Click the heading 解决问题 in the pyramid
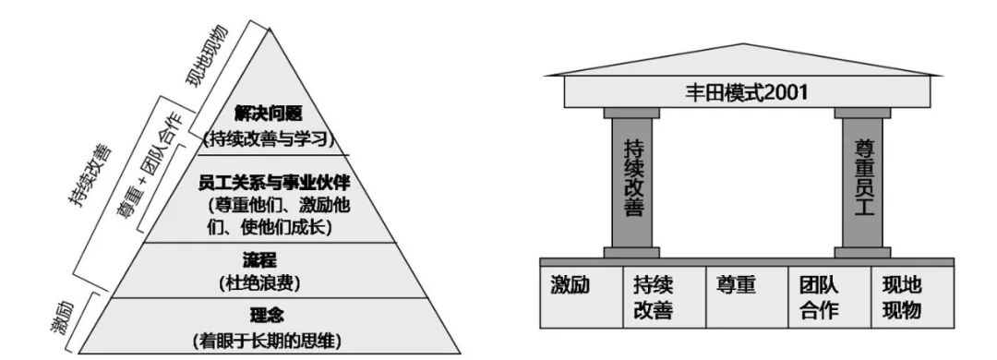pos(267,113)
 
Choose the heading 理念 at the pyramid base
pos(267,314)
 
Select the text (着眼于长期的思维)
pos(267,339)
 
